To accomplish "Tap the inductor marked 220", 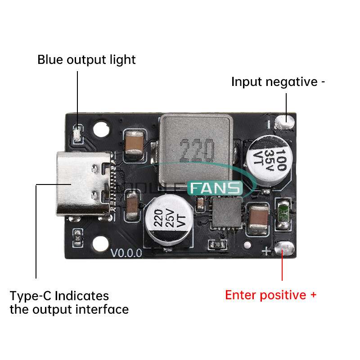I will (x=197, y=146).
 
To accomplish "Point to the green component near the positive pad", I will (x=283, y=215).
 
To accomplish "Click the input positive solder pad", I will (x=284, y=248).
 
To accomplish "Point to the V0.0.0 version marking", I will (x=126, y=252).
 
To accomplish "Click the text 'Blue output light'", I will (x=86, y=59).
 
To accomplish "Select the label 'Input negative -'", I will (x=278, y=82).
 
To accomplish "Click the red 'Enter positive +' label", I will (x=270, y=295).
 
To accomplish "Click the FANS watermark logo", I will (x=215, y=188).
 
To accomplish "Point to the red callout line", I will (x=282, y=270).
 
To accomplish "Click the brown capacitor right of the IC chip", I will (x=259, y=219).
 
